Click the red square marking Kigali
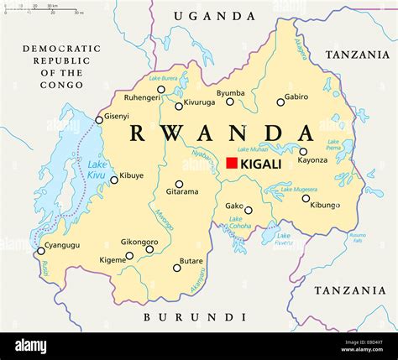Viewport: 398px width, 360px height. (x=232, y=162)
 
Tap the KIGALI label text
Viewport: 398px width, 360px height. (x=261, y=164)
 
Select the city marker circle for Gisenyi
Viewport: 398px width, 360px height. (x=99, y=120)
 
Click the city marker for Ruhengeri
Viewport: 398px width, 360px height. (x=161, y=89)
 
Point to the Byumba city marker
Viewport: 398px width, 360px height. (x=230, y=102)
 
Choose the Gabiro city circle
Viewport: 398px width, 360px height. (x=281, y=102)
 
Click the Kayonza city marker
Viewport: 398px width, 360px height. (x=303, y=152)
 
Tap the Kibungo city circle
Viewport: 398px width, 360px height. (x=306, y=198)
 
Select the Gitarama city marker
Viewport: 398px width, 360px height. (x=179, y=184)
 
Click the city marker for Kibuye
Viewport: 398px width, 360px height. (x=114, y=180)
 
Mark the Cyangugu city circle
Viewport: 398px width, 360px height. (x=40, y=250)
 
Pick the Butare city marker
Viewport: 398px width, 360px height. (x=177, y=269)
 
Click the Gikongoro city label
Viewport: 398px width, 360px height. (x=139, y=240)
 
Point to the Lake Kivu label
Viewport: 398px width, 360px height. (x=97, y=170)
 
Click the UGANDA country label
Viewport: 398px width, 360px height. (x=215, y=16)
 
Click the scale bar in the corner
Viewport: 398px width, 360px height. (x=42, y=12)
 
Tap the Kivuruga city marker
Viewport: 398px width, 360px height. (x=179, y=107)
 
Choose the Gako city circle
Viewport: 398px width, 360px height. (x=249, y=211)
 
